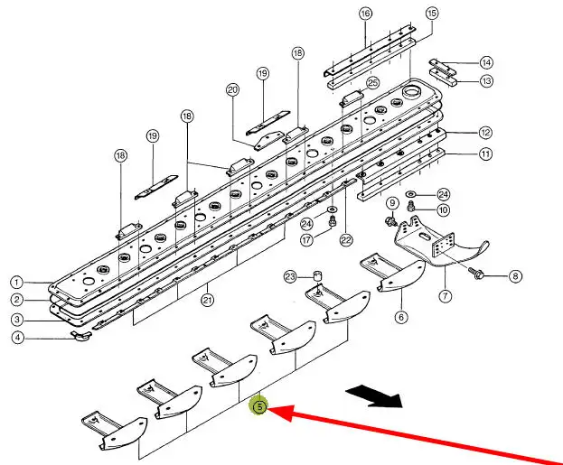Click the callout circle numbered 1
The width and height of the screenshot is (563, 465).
tap(16, 281)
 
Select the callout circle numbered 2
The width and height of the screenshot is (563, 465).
tap(16, 300)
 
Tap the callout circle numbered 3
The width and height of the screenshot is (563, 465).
tap(16, 319)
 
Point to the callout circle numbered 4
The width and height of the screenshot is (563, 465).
tap(16, 339)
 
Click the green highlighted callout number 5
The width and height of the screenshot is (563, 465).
tap(258, 406)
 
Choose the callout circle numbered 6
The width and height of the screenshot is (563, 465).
tap(400, 316)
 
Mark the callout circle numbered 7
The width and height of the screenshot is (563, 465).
tap(445, 295)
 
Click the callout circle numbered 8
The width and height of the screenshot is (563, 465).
tap(515, 276)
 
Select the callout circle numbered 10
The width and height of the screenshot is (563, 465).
tap(443, 210)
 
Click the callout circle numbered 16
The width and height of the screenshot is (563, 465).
tap(365, 14)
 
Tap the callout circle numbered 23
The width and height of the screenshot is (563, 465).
tap(291, 275)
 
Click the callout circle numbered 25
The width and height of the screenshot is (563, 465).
tap(372, 83)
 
